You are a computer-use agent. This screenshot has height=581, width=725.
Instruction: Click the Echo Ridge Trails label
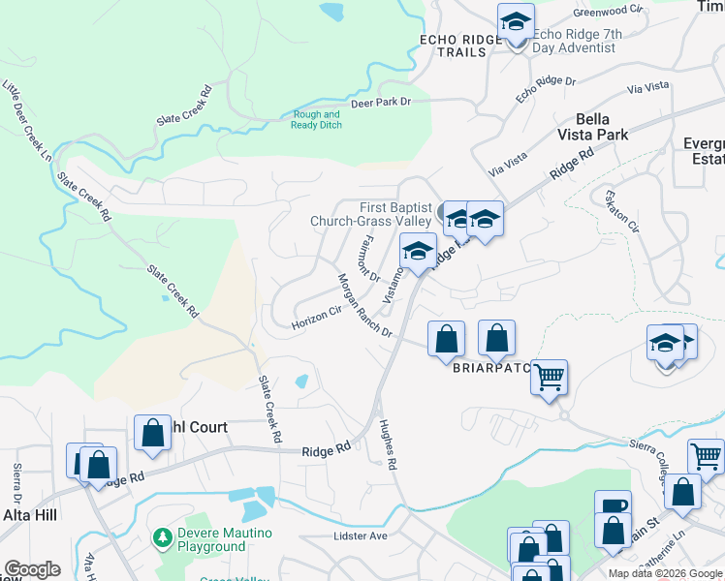click(461, 46)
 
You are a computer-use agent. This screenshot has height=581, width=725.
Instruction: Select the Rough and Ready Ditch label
click(316, 119)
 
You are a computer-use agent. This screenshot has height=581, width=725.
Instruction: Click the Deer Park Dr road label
click(381, 102)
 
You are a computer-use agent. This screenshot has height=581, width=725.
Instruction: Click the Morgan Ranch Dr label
click(363, 305)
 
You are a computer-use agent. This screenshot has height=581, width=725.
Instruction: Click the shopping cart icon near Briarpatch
click(549, 376)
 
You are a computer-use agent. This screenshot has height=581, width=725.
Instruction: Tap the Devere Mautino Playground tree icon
click(162, 538)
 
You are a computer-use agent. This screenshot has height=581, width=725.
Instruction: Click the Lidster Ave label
click(360, 535)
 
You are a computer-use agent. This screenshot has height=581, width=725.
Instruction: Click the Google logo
click(32, 569)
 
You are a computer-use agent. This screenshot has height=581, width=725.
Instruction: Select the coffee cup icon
click(613, 506)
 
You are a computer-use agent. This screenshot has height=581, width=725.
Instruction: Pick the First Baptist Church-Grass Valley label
click(370, 214)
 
